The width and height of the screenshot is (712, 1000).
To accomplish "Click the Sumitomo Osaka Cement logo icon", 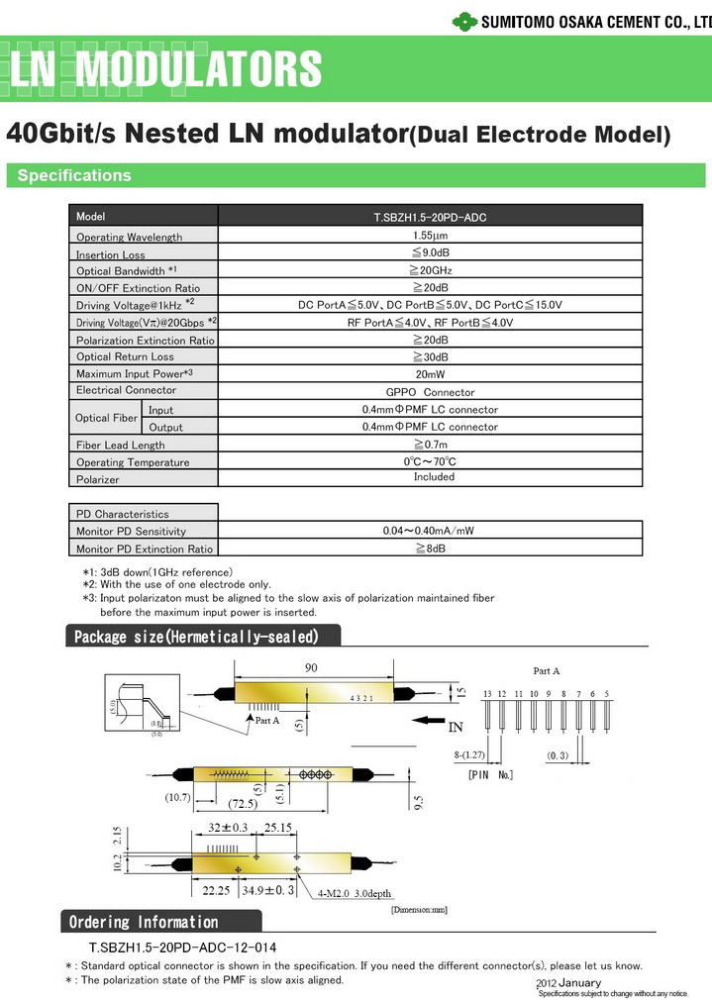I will click(464, 19).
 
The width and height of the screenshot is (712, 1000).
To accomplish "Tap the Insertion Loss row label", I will click(111, 254).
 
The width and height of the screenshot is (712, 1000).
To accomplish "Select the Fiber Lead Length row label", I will click(121, 446).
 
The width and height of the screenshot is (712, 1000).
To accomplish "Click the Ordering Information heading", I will click(143, 922).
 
